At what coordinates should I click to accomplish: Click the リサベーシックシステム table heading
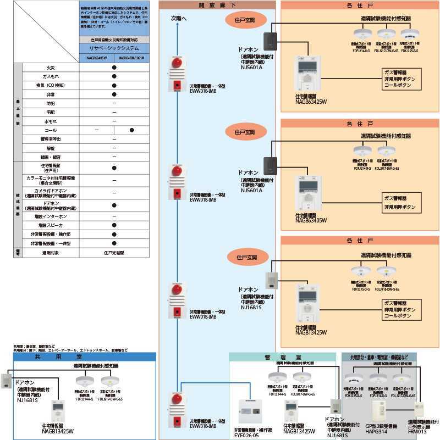coord(113,49)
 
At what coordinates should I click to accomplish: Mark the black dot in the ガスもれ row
coord(114,76)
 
